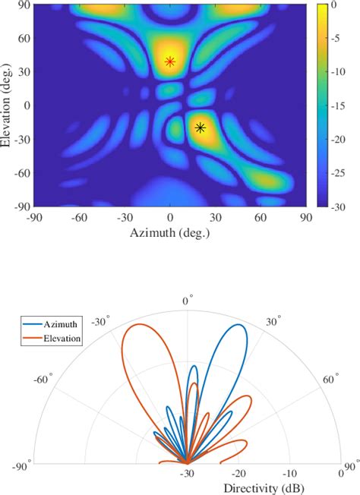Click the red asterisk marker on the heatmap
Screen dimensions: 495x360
click(x=170, y=61)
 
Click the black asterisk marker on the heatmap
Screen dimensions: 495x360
click(x=201, y=128)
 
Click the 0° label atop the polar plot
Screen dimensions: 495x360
click(x=187, y=301)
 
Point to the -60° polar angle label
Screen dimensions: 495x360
click(x=41, y=377)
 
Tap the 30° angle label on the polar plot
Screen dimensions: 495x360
click(x=273, y=320)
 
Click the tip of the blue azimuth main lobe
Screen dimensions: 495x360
click(x=241, y=326)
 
